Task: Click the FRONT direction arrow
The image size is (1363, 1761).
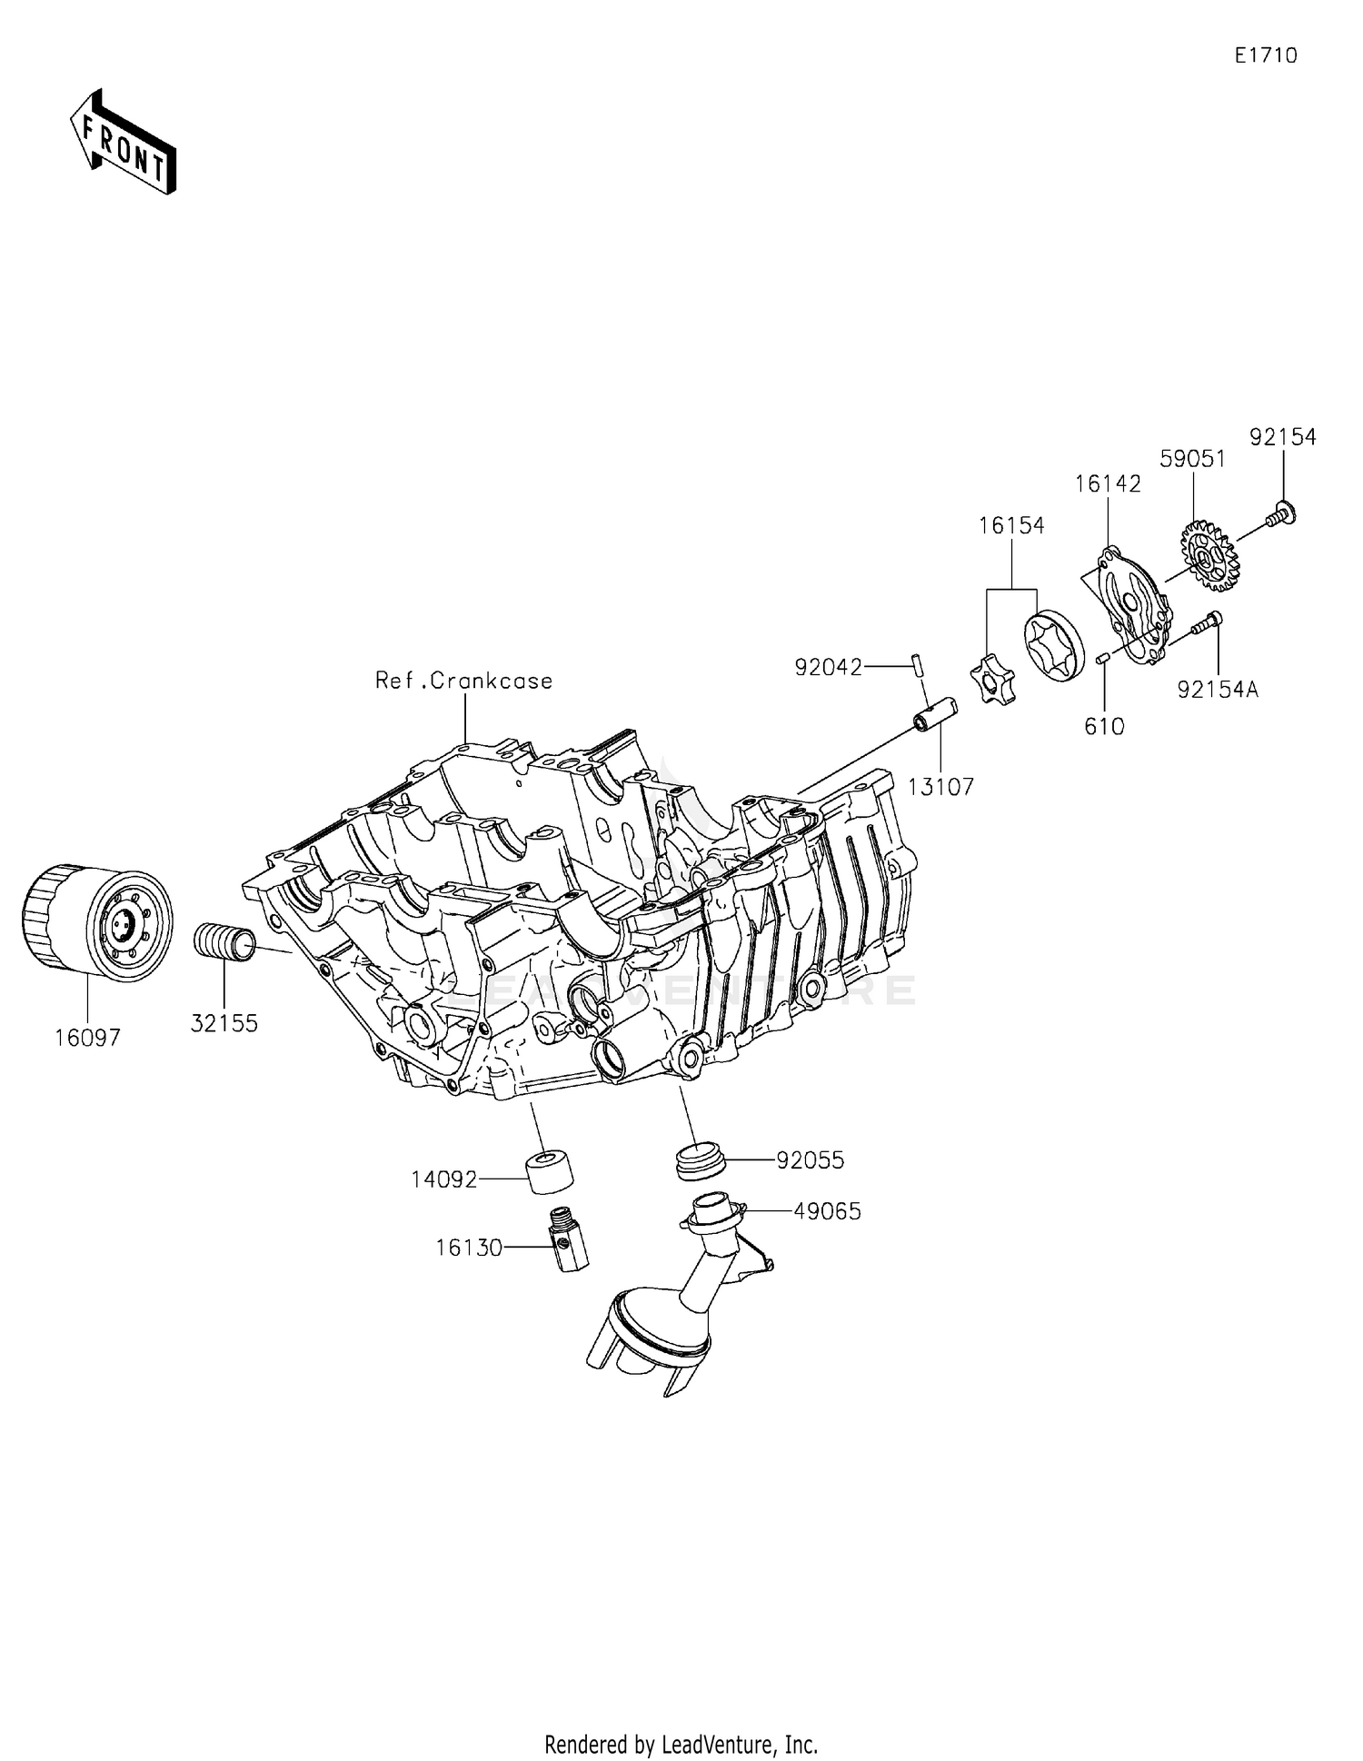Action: tap(124, 144)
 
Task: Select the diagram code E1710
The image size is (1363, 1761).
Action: tap(1265, 55)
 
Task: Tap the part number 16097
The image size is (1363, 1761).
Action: tap(87, 1038)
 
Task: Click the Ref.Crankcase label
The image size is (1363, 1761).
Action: tap(463, 681)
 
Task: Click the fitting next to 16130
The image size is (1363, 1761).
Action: tap(569, 1238)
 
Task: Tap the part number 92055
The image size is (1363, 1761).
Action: tap(810, 1160)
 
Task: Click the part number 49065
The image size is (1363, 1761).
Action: tap(827, 1211)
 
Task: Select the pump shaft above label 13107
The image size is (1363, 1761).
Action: tap(937, 713)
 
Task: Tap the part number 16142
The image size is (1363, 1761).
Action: tap(1108, 484)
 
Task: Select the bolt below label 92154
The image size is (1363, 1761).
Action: tap(1282, 514)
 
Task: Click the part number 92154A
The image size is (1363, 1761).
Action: tap(1218, 690)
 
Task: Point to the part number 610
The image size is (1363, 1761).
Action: tap(1104, 726)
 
